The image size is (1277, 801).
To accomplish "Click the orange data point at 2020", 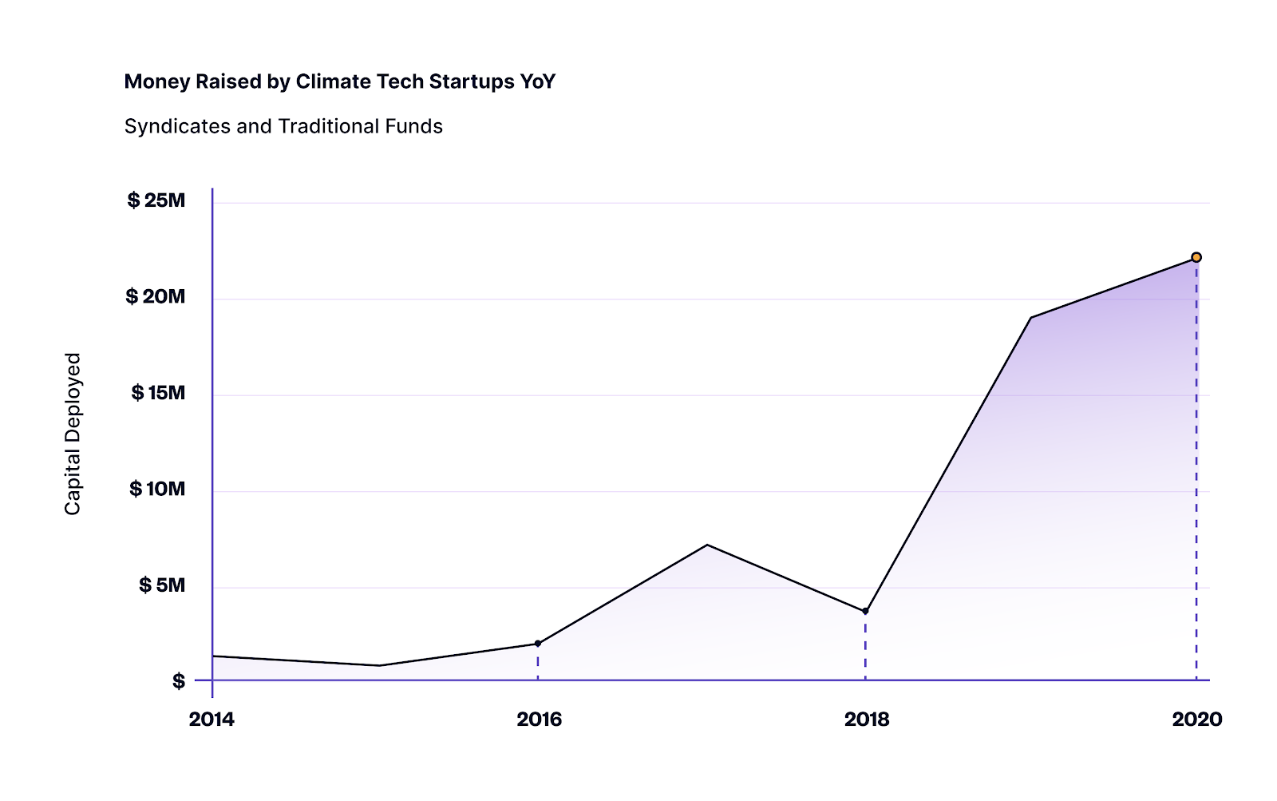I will click(1196, 257).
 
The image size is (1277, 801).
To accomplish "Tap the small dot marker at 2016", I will click(538, 643).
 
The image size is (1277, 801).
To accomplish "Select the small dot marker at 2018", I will click(865, 612).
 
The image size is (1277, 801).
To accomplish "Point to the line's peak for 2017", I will click(707, 545).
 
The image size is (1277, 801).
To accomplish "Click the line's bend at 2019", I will click(1031, 318).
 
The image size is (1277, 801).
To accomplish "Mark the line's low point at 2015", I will click(380, 665).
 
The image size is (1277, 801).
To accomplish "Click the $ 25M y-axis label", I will click(156, 200).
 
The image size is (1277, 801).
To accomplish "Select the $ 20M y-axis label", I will click(156, 297).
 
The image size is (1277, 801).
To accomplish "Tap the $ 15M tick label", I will click(158, 393).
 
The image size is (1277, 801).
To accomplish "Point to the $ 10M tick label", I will click(157, 489).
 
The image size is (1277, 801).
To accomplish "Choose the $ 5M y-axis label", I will click(162, 585).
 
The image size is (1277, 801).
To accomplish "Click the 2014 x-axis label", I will click(212, 720).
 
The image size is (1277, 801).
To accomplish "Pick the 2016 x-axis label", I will click(540, 720).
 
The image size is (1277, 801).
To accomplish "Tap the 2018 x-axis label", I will click(867, 720).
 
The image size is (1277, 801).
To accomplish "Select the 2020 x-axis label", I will click(1196, 720).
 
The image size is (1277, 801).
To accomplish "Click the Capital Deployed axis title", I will click(73, 434).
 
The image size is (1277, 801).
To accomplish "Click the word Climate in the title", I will click(334, 81).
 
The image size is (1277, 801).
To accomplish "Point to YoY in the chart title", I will click(538, 81).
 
